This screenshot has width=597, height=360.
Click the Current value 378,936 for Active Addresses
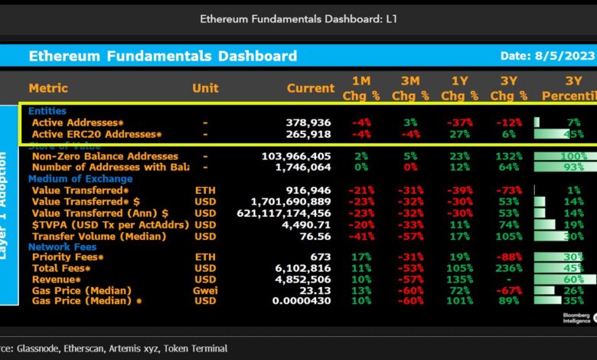point(308,123)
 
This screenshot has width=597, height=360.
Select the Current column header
point(311,88)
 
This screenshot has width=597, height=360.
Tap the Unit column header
point(205,88)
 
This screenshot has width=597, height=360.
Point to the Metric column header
point(48,88)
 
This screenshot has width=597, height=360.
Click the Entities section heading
point(47,111)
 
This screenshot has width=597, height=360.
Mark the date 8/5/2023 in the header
point(547,56)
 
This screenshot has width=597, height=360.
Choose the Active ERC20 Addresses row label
point(96,134)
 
